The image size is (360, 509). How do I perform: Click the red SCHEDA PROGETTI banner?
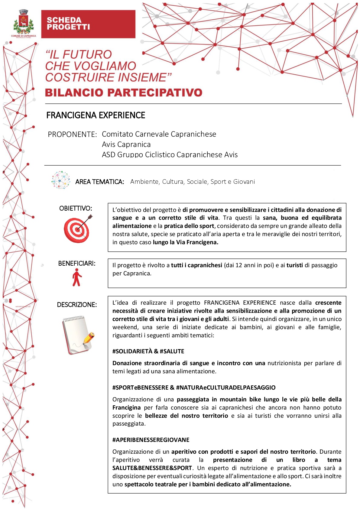[x=88, y=24]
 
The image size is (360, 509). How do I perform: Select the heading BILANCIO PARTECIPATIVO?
[x=124, y=92]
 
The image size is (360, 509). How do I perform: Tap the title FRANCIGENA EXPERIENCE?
[x=96, y=115]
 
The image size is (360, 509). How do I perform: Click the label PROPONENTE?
[x=72, y=135]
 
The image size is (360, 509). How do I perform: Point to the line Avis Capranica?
[x=126, y=144]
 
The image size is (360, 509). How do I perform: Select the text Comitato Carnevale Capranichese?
[x=159, y=134]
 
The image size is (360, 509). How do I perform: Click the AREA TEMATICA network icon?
[x=61, y=180]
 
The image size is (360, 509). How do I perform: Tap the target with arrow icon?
[x=77, y=229]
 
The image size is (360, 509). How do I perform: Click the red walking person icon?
[x=77, y=277]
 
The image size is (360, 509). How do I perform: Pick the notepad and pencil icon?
[x=78, y=335]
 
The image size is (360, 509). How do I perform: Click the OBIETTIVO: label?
[x=76, y=208]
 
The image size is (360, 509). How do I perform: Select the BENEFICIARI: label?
[x=77, y=264]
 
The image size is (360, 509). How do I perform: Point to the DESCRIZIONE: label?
[x=77, y=305]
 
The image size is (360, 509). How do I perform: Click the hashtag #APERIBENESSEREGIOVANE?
[x=151, y=440]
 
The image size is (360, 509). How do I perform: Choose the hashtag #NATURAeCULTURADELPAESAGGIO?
[x=226, y=387]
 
